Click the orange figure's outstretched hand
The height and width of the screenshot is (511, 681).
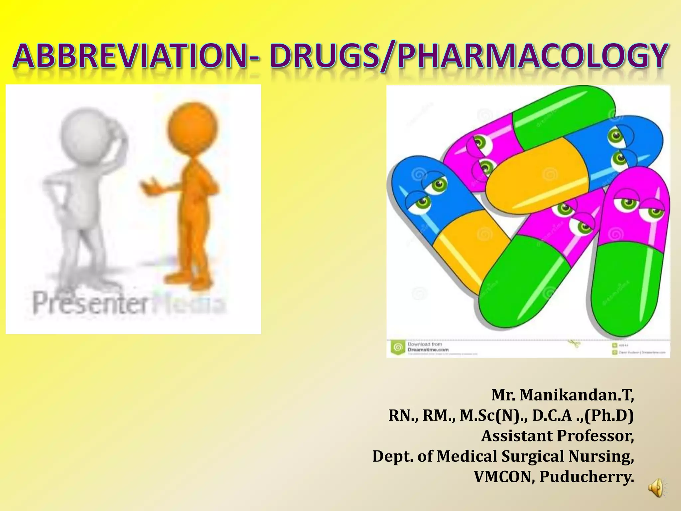pyautogui.click(x=149, y=186)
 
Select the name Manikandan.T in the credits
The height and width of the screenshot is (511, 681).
pyautogui.click(x=577, y=395)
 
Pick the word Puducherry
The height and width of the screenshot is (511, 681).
pyautogui.click(x=587, y=476)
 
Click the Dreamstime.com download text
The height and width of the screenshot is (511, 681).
pyautogui.click(x=428, y=350)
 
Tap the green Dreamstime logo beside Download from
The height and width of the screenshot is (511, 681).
pyautogui.click(x=397, y=347)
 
